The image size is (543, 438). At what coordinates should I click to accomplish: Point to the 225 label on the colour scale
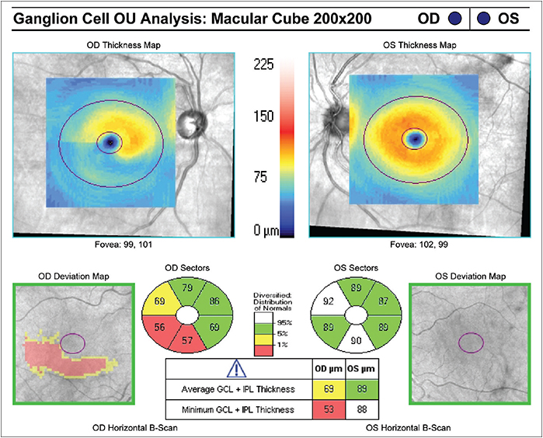[266, 67]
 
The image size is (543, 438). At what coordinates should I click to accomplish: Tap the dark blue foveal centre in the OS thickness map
[416, 139]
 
